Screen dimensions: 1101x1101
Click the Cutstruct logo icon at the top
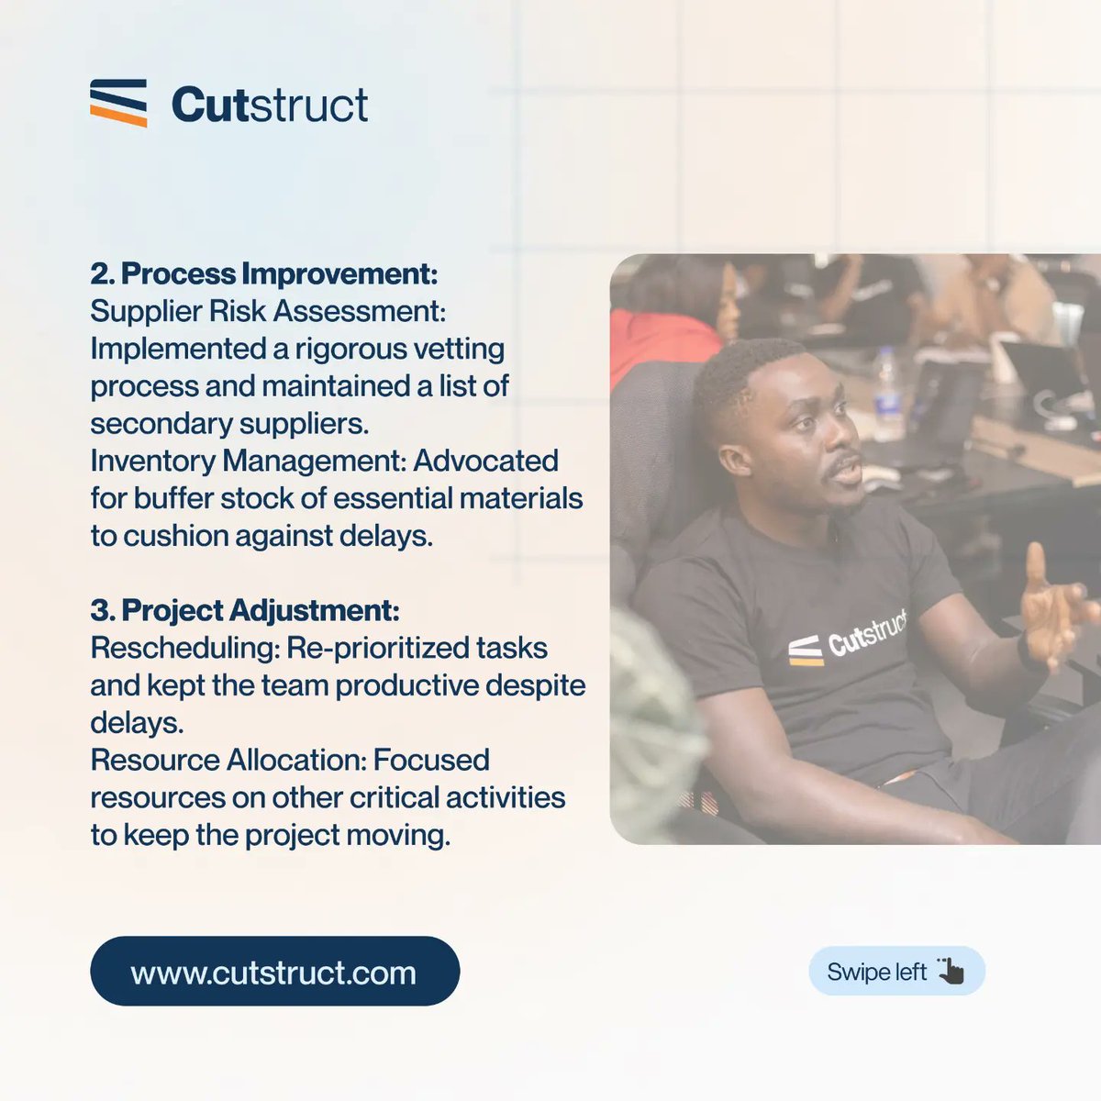tap(118, 103)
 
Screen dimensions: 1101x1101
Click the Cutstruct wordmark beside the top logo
tap(270, 105)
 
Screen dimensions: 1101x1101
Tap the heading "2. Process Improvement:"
tap(264, 273)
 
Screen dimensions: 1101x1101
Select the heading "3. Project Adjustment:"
tap(245, 610)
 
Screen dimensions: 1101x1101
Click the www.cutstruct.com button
tap(274, 972)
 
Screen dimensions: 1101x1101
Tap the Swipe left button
tap(895, 972)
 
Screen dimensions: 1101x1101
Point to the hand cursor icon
tap(951, 971)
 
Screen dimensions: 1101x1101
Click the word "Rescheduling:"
tap(184, 648)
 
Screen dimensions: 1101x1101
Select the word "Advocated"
tap(485, 461)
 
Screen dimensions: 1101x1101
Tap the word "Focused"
tap(431, 760)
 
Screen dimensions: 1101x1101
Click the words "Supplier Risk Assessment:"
tap(268, 311)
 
